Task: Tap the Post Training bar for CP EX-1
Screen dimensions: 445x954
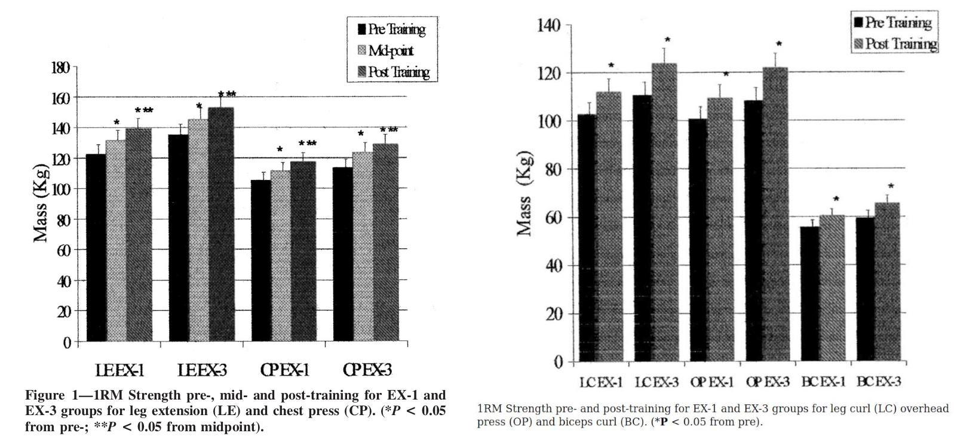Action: click(303, 251)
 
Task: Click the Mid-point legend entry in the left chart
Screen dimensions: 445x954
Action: click(391, 51)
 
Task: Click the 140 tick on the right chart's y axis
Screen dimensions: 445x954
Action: click(550, 25)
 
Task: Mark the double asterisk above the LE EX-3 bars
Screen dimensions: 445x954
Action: click(227, 95)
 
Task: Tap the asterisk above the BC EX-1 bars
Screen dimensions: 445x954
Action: click(836, 200)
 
